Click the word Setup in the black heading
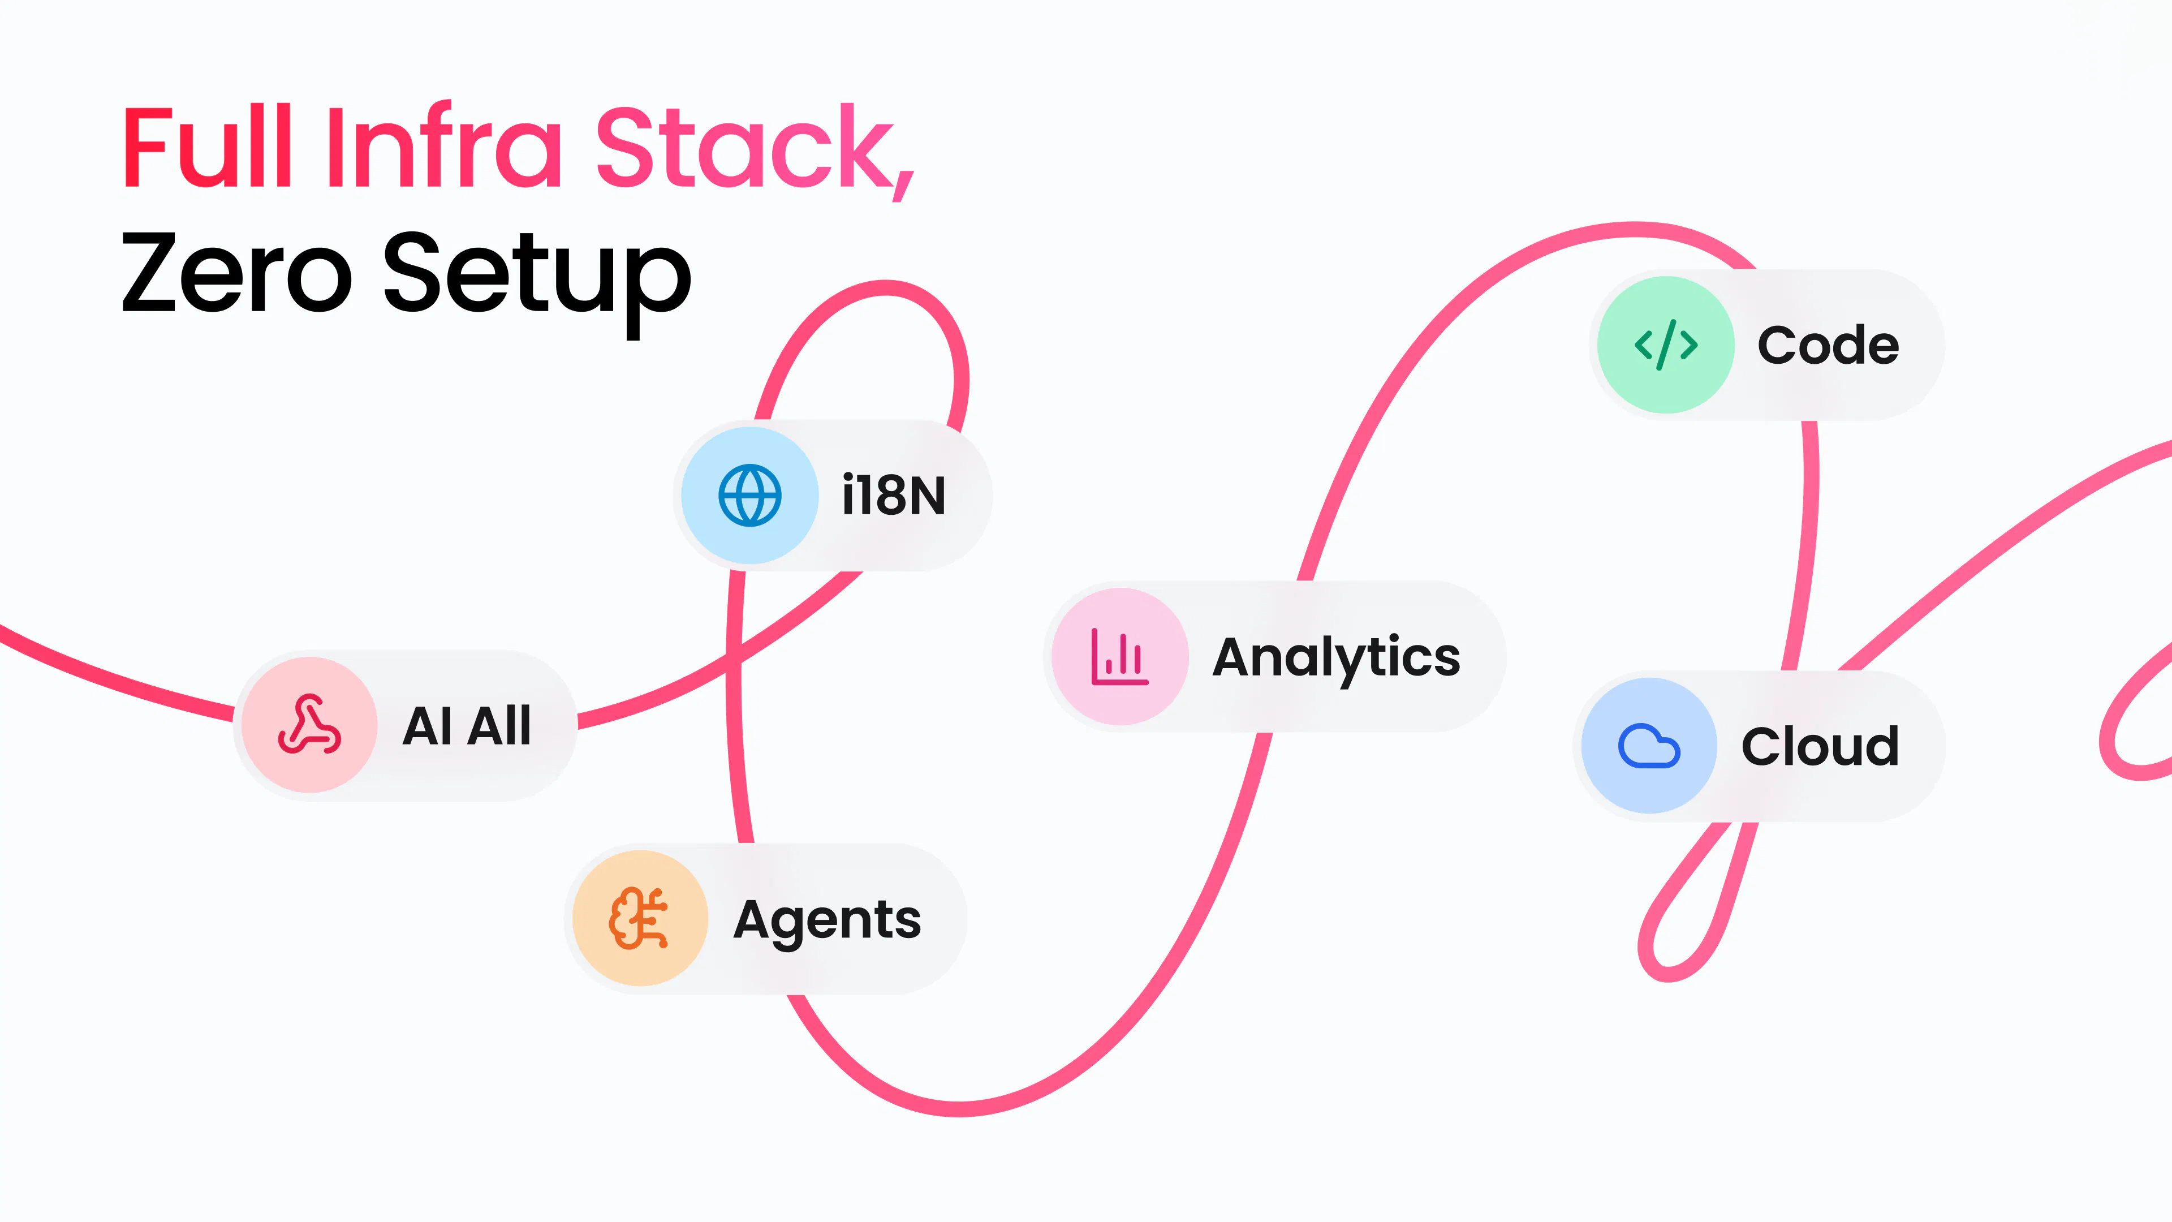pyautogui.click(x=537, y=282)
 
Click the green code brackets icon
pyautogui.click(x=1666, y=345)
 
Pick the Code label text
pyautogui.click(x=1828, y=345)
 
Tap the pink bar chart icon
pyautogui.click(x=1120, y=656)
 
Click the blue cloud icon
pyautogui.click(x=1649, y=746)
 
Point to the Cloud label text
pyautogui.click(x=1820, y=746)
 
